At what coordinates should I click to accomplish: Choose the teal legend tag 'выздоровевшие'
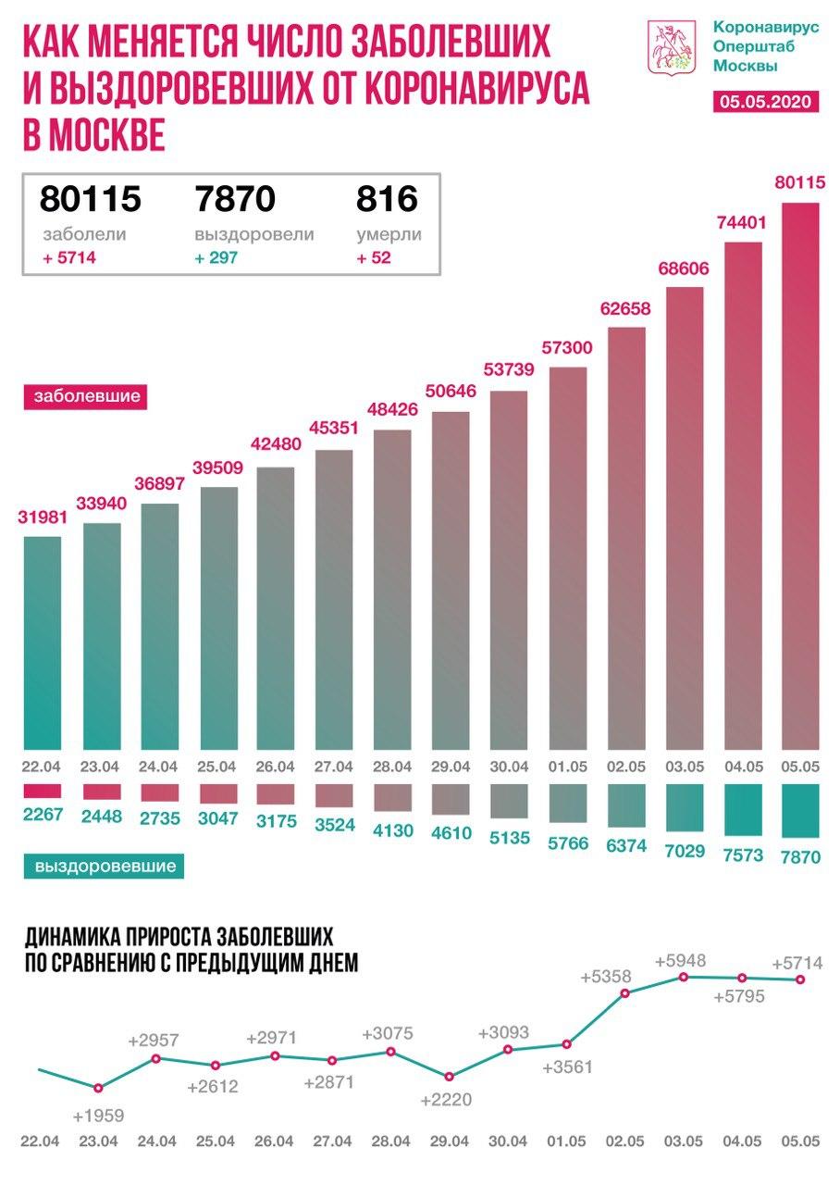click(x=105, y=867)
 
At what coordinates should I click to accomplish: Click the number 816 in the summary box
click(x=387, y=198)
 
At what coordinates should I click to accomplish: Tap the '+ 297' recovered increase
click(x=216, y=258)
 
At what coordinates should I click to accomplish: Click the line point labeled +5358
click(x=625, y=993)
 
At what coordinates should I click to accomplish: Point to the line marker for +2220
click(x=449, y=1077)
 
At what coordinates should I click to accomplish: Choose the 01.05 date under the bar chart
click(x=567, y=767)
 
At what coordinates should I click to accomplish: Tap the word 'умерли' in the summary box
click(x=389, y=235)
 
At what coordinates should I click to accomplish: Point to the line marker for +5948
click(x=684, y=977)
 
